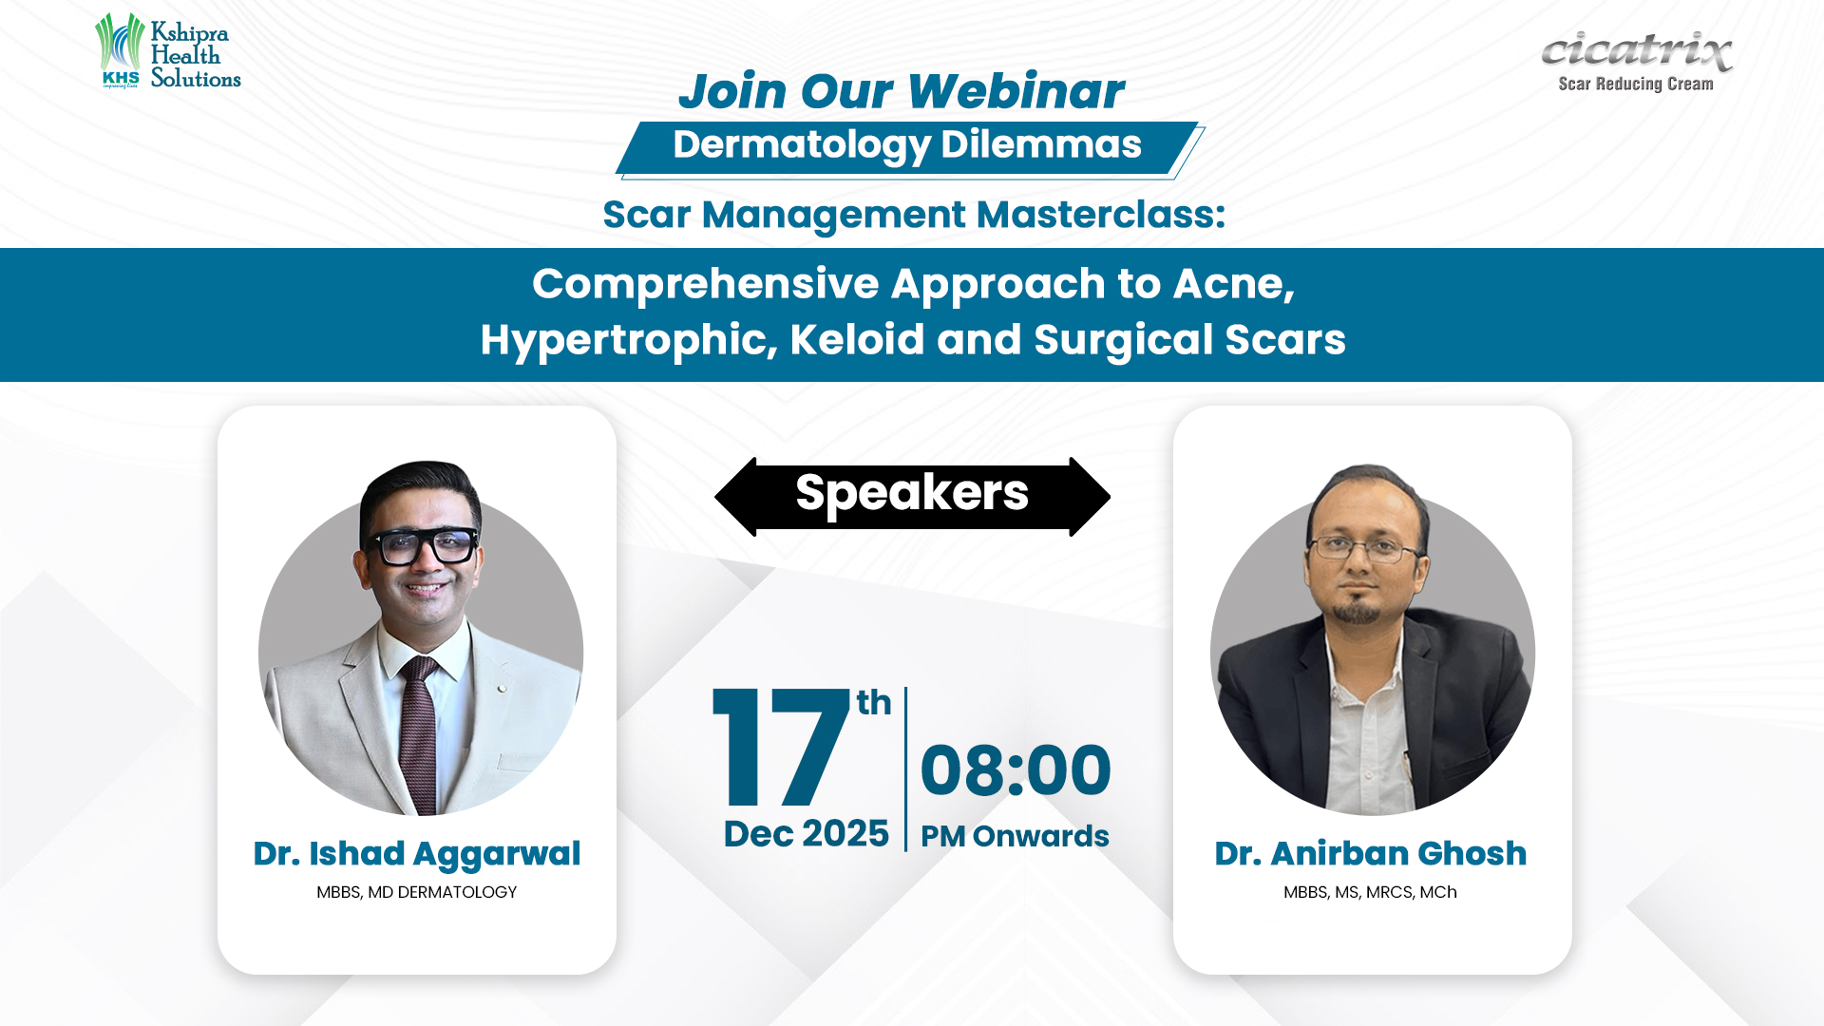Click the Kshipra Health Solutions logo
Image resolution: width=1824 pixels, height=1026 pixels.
[x=168, y=51]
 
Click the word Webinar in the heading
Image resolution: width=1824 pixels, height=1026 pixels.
[x=1016, y=91]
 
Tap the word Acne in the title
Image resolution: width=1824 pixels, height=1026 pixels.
[x=1234, y=284]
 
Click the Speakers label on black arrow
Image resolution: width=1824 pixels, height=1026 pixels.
[x=912, y=493]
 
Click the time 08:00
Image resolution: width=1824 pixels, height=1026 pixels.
[x=1016, y=770]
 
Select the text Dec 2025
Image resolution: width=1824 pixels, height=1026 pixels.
[x=807, y=834]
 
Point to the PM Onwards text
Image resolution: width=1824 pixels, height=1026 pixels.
[x=1015, y=836]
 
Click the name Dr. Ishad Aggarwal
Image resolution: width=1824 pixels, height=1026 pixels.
[x=417, y=854]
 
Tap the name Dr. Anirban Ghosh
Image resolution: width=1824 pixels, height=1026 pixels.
[x=1371, y=854]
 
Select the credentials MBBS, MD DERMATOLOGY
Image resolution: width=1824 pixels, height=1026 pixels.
[x=417, y=892]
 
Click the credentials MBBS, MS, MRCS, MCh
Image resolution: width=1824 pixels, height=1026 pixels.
[x=1370, y=892]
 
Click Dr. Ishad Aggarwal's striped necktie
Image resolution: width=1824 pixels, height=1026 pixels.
[x=419, y=732]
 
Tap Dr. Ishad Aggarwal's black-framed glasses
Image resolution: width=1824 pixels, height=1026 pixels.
[x=424, y=545]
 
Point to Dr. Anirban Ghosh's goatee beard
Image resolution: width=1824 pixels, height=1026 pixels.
[x=1358, y=610]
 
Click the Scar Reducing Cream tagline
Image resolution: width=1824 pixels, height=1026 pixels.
[x=1636, y=84]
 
